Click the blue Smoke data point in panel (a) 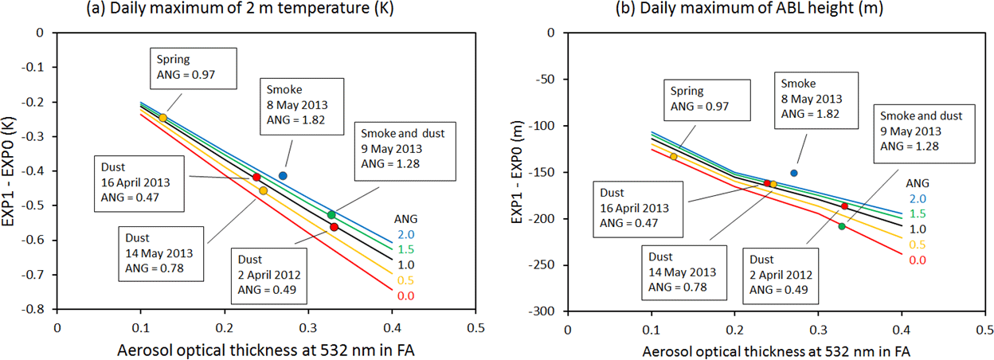click(283, 175)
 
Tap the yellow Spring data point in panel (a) click(163, 118)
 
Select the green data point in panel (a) click(331, 215)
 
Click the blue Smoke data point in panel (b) click(793, 173)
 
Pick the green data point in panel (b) click(842, 227)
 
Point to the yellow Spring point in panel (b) click(674, 156)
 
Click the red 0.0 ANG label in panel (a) click(405, 296)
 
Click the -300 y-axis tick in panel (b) click(544, 311)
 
